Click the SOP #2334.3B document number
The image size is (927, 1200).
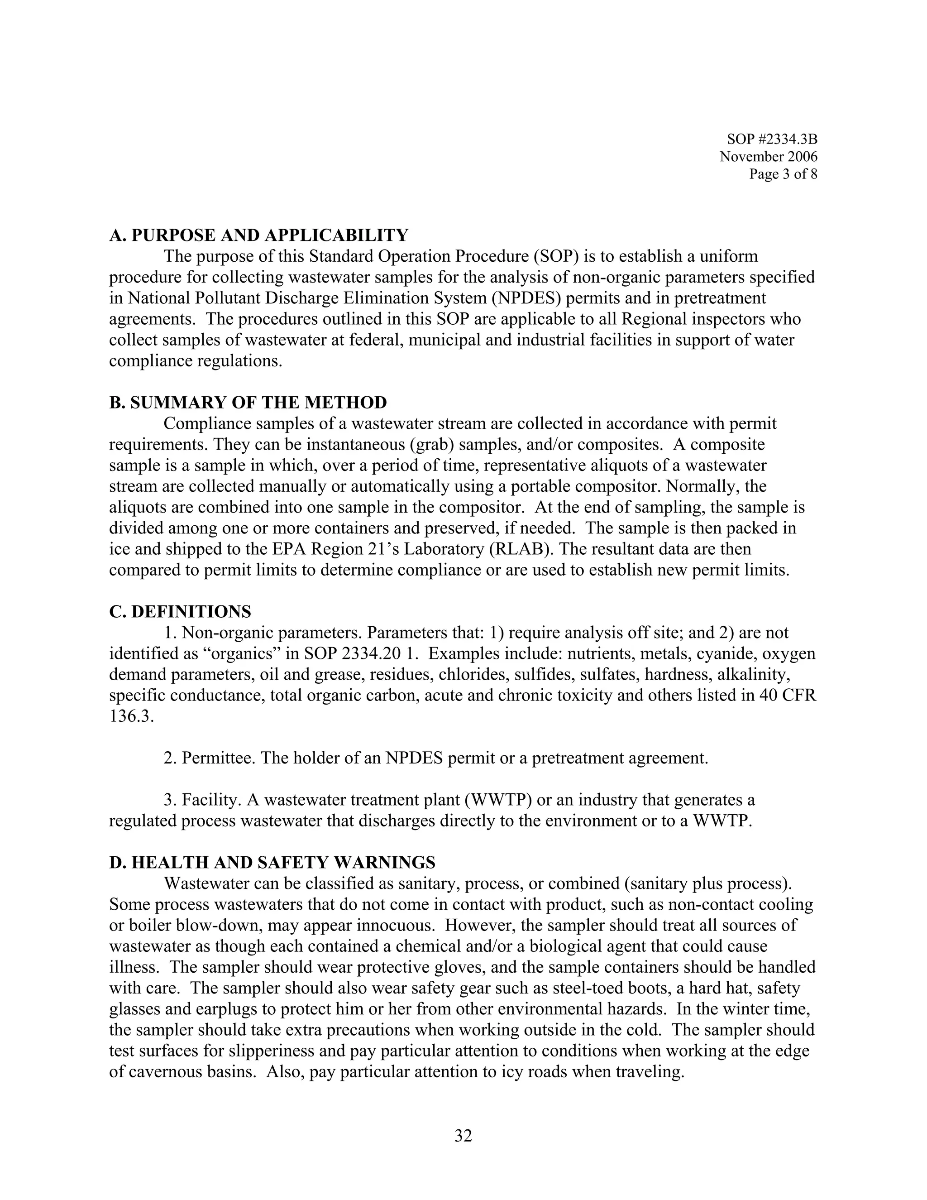click(x=772, y=139)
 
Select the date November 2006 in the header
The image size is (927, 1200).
click(x=768, y=157)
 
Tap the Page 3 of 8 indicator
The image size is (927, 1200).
click(x=783, y=174)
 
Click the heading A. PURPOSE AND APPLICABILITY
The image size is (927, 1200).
click(x=258, y=235)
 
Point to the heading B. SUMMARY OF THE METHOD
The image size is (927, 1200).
click(x=248, y=403)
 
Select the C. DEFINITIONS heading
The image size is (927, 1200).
click(x=180, y=611)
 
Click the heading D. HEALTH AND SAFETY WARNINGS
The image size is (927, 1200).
click(x=272, y=863)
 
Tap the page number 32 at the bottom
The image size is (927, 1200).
click(x=463, y=1136)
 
